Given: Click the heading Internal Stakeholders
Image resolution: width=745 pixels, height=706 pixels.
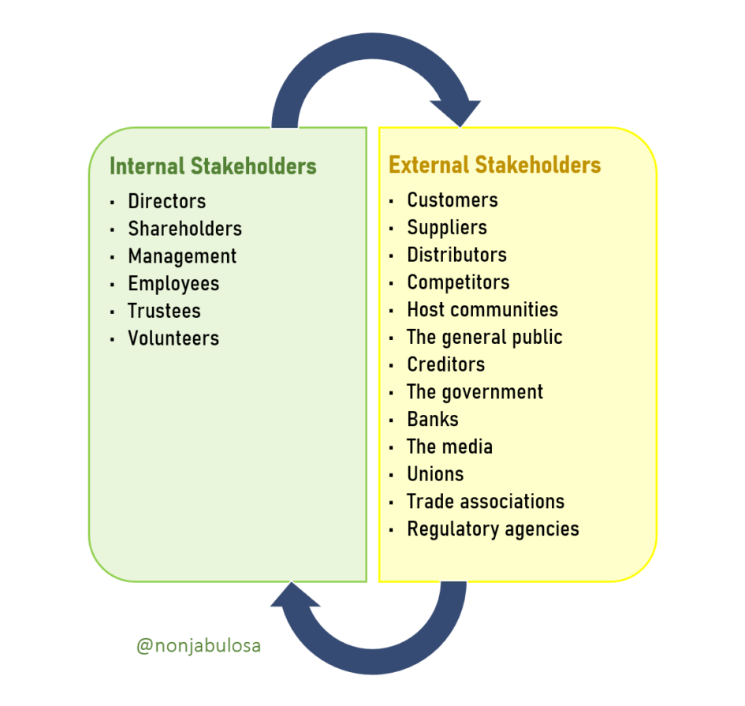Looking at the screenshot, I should pos(213,166).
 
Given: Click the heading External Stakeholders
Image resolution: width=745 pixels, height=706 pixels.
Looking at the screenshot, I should pos(494,165).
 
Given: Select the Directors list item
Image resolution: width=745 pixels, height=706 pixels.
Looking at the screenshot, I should pos(166,201).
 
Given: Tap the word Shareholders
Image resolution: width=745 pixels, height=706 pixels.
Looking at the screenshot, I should pos(184,229).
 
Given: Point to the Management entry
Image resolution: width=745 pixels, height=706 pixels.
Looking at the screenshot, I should pos(182,256).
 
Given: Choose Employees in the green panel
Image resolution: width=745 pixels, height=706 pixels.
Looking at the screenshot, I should pos(173,283).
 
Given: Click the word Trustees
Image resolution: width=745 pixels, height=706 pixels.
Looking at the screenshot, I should pos(164,311).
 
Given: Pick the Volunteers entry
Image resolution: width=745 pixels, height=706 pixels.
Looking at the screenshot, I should pos(173,338).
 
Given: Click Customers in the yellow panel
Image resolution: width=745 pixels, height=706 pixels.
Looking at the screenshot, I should pos(453,200).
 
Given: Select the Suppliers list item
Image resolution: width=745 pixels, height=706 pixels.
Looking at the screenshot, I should pos(447,228).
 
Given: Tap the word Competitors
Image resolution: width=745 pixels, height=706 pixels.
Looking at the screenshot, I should pos(458,282).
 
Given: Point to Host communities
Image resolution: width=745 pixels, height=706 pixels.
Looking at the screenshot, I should pos(482,309).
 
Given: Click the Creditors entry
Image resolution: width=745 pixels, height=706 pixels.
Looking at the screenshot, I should pos(445,364).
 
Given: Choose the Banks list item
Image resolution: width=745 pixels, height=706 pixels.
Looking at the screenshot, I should pos(433,419).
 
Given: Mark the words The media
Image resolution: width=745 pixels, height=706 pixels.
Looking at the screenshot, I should pos(449,446).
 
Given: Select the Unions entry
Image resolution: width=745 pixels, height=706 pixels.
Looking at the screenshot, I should pos(435,474).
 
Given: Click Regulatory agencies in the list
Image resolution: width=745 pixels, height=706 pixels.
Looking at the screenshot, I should pos(493,529).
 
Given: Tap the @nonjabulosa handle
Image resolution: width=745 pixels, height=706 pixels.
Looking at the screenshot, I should pos(199,645).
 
